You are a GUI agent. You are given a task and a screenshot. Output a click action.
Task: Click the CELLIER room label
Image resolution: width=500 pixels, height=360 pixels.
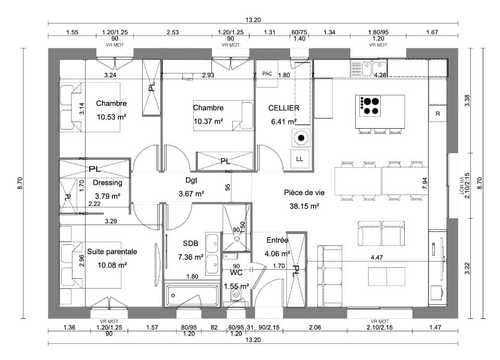283,108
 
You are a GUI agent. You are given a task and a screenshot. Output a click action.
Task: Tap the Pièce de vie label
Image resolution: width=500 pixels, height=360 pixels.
304,192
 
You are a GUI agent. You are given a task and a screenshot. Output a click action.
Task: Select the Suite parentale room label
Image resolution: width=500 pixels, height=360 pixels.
112,252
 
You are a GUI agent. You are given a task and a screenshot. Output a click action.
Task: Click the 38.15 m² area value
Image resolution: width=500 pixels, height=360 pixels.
304,206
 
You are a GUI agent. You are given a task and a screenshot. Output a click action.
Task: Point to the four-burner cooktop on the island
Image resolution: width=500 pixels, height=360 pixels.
370,105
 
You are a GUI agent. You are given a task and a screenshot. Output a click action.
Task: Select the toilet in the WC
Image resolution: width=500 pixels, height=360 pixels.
236,296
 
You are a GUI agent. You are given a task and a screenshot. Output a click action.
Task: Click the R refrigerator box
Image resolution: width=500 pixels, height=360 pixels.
438,113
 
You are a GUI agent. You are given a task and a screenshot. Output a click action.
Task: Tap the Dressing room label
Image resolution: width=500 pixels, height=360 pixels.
107,183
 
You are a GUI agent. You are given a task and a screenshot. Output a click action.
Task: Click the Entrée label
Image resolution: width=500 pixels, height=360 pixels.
277,240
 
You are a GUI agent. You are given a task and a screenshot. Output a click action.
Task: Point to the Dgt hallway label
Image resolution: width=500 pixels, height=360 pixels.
191,180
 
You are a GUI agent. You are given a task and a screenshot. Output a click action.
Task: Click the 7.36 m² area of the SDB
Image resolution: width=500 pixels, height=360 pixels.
191,257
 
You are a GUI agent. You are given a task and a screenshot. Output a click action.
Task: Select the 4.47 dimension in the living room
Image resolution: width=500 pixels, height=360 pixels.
376,257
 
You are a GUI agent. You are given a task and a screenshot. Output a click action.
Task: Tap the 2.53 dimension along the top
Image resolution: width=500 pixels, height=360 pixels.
173,32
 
